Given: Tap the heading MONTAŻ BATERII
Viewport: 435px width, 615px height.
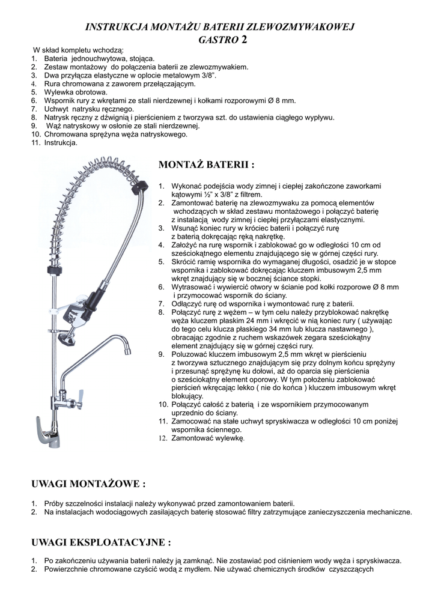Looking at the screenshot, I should [x=206, y=165].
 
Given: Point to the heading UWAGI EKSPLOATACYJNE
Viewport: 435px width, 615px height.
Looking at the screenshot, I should [x=101, y=542].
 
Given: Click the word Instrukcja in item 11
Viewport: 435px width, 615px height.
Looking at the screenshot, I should [x=61, y=143].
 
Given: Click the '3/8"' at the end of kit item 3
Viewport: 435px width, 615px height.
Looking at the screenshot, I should [x=207, y=76].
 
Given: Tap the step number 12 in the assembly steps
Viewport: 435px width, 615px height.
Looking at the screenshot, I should [x=162, y=439].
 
